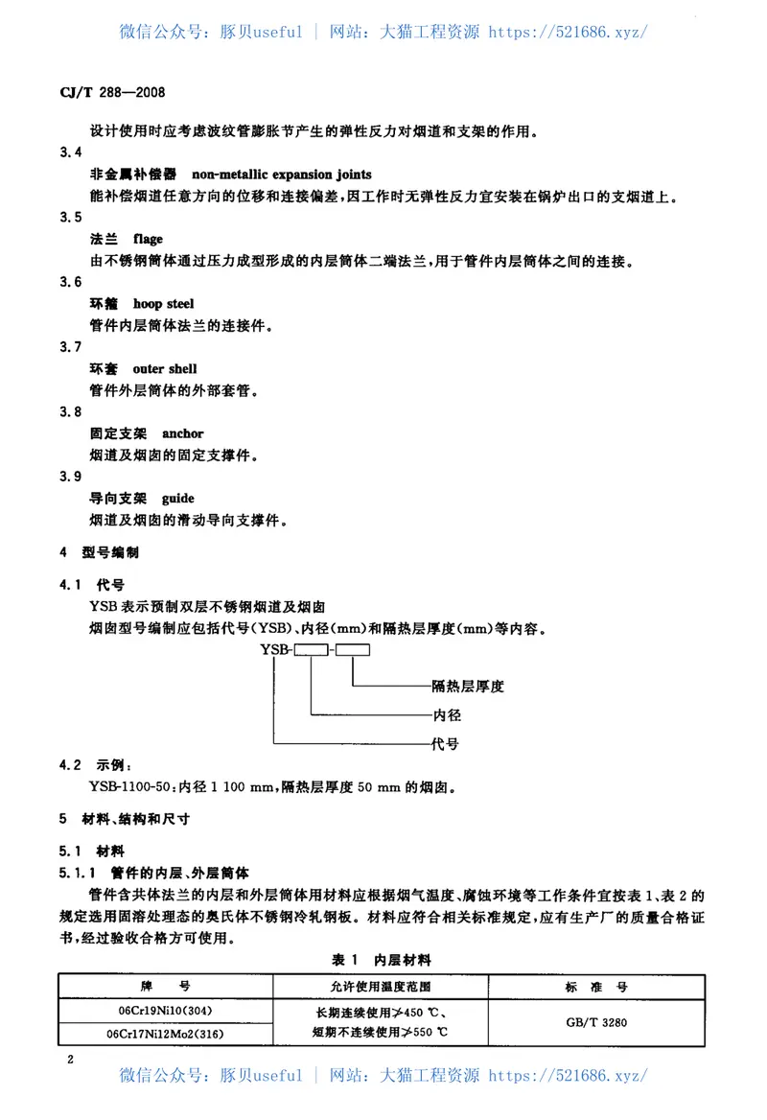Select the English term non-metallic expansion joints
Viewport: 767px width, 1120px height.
[282, 175]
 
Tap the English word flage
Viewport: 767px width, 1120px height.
[149, 239]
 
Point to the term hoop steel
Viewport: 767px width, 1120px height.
[164, 304]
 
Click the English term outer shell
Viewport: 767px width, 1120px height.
[165, 369]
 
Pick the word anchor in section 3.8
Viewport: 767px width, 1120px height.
[183, 433]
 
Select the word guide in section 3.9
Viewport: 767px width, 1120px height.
[178, 499]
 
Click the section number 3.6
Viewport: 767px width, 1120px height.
[70, 282]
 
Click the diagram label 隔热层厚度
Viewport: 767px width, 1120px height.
[468, 687]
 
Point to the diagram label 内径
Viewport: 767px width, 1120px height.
[448, 715]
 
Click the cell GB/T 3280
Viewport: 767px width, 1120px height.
[596, 1022]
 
